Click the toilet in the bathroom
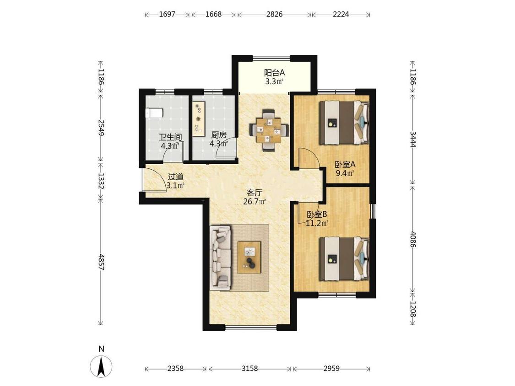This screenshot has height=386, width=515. (154, 113)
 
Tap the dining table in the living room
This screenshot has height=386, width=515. (269, 129)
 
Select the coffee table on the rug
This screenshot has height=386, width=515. (249, 257)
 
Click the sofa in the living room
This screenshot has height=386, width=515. (220, 258)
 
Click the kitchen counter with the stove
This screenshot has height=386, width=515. (198, 118)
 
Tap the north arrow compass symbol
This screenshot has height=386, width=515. (101, 365)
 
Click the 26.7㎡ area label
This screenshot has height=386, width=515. (254, 202)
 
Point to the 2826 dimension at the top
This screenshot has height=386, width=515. (274, 15)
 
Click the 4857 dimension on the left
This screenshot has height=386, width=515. (101, 262)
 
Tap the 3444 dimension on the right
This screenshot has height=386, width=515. (412, 139)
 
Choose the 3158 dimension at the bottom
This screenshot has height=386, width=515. (249, 369)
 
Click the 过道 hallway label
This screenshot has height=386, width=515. (175, 177)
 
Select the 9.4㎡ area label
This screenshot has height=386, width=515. (345, 173)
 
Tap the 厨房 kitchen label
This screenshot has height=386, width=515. (218, 135)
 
